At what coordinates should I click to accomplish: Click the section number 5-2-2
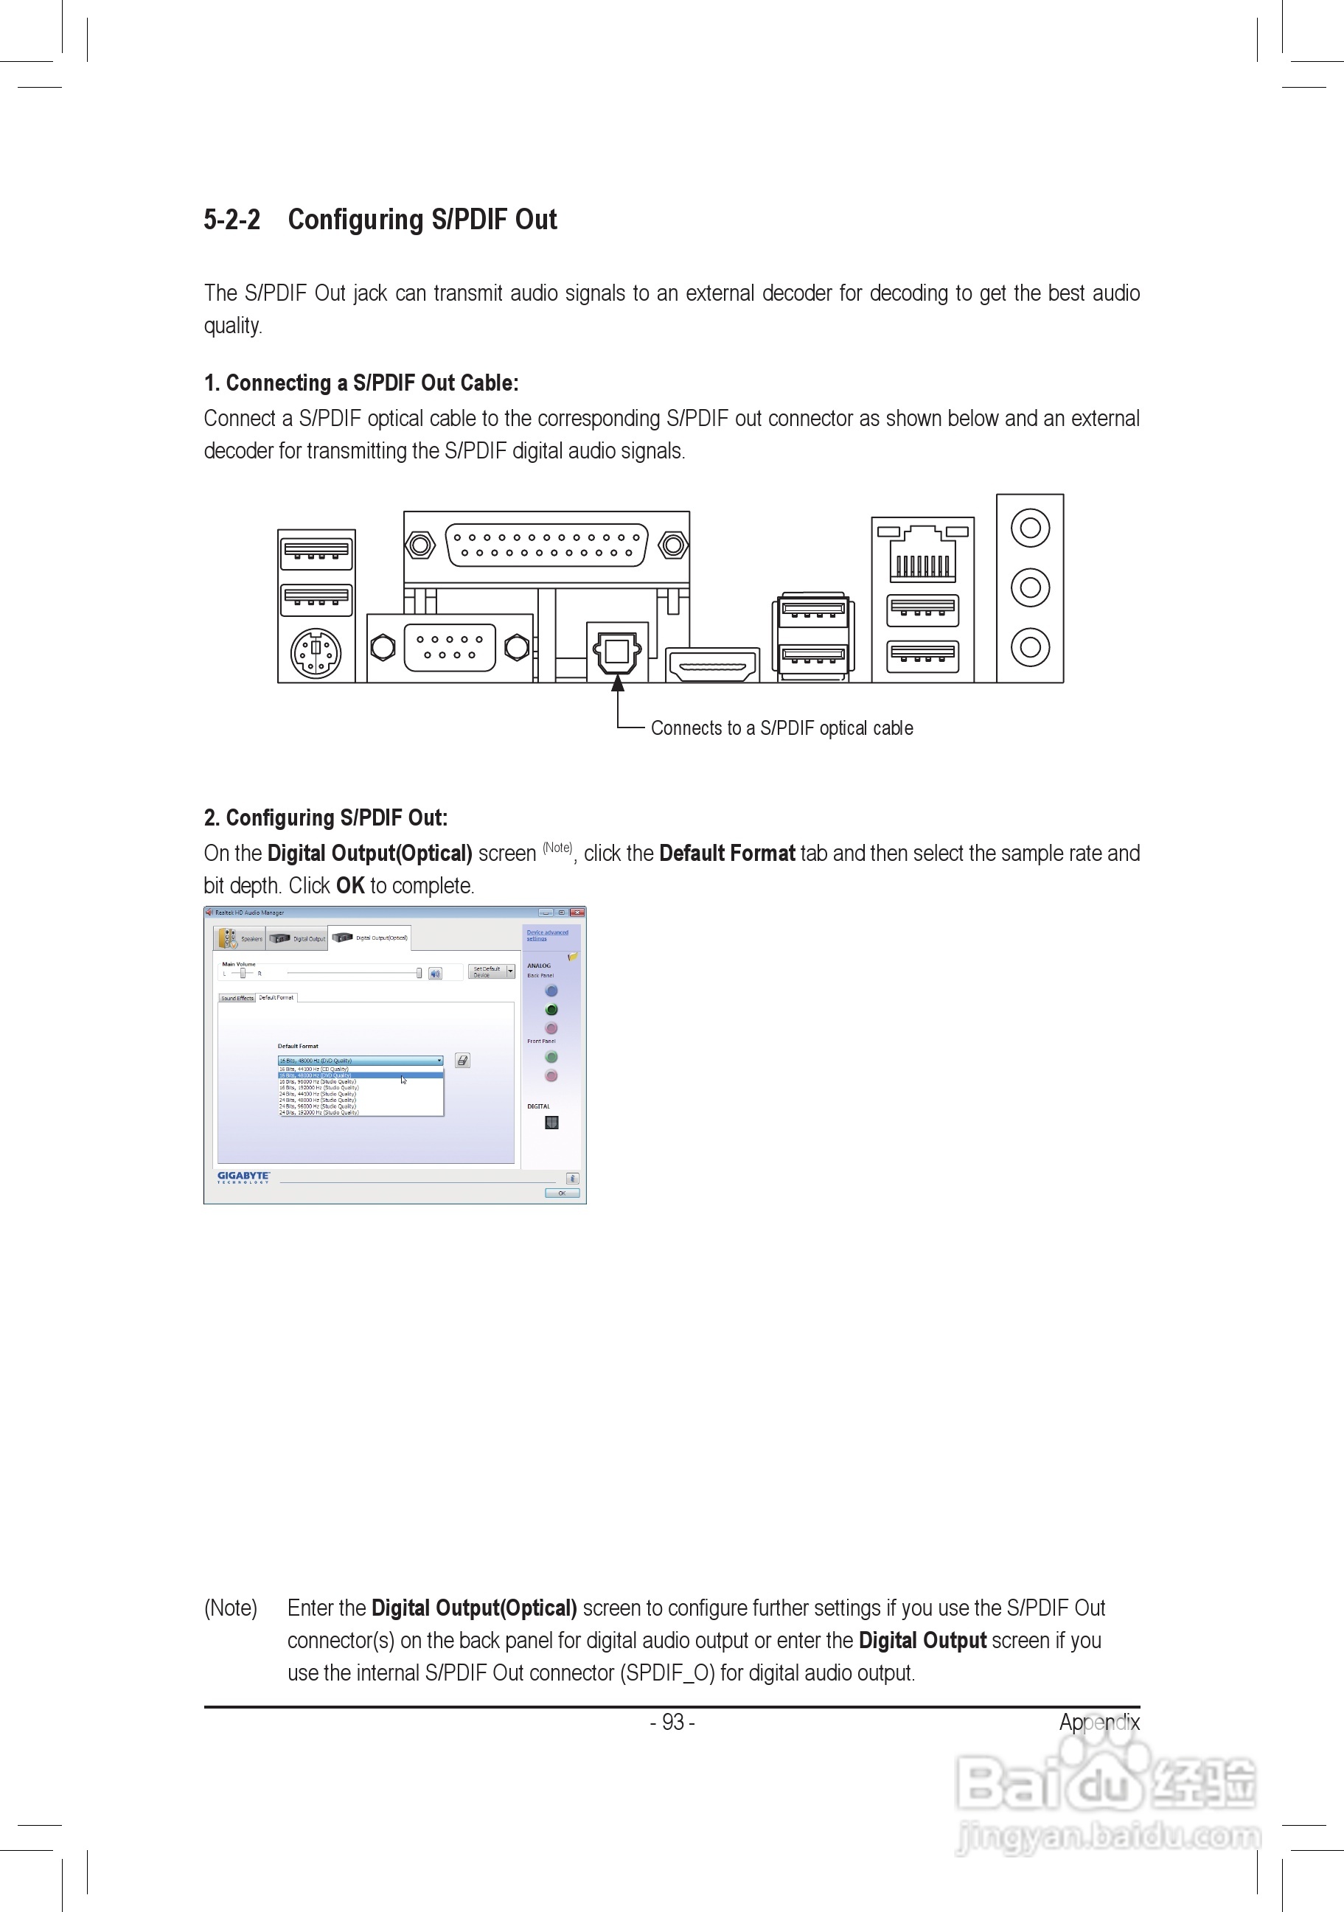(231, 220)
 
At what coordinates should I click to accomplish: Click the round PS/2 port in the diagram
(316, 654)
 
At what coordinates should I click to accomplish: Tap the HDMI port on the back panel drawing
(713, 666)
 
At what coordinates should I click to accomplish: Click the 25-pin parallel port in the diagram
(546, 545)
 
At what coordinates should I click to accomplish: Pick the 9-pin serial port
(449, 647)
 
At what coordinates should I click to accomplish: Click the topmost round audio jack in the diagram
(1030, 528)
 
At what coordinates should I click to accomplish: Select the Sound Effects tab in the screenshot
(237, 997)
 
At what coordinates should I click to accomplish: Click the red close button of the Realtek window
(577, 913)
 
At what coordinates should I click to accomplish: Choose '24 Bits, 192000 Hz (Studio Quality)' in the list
(320, 1112)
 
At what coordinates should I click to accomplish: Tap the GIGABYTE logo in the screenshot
(243, 1176)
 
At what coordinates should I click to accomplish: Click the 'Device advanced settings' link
(547, 935)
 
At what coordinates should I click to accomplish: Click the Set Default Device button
(487, 971)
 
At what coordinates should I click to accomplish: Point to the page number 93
(673, 1722)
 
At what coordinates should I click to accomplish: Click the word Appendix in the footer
(1098, 1722)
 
